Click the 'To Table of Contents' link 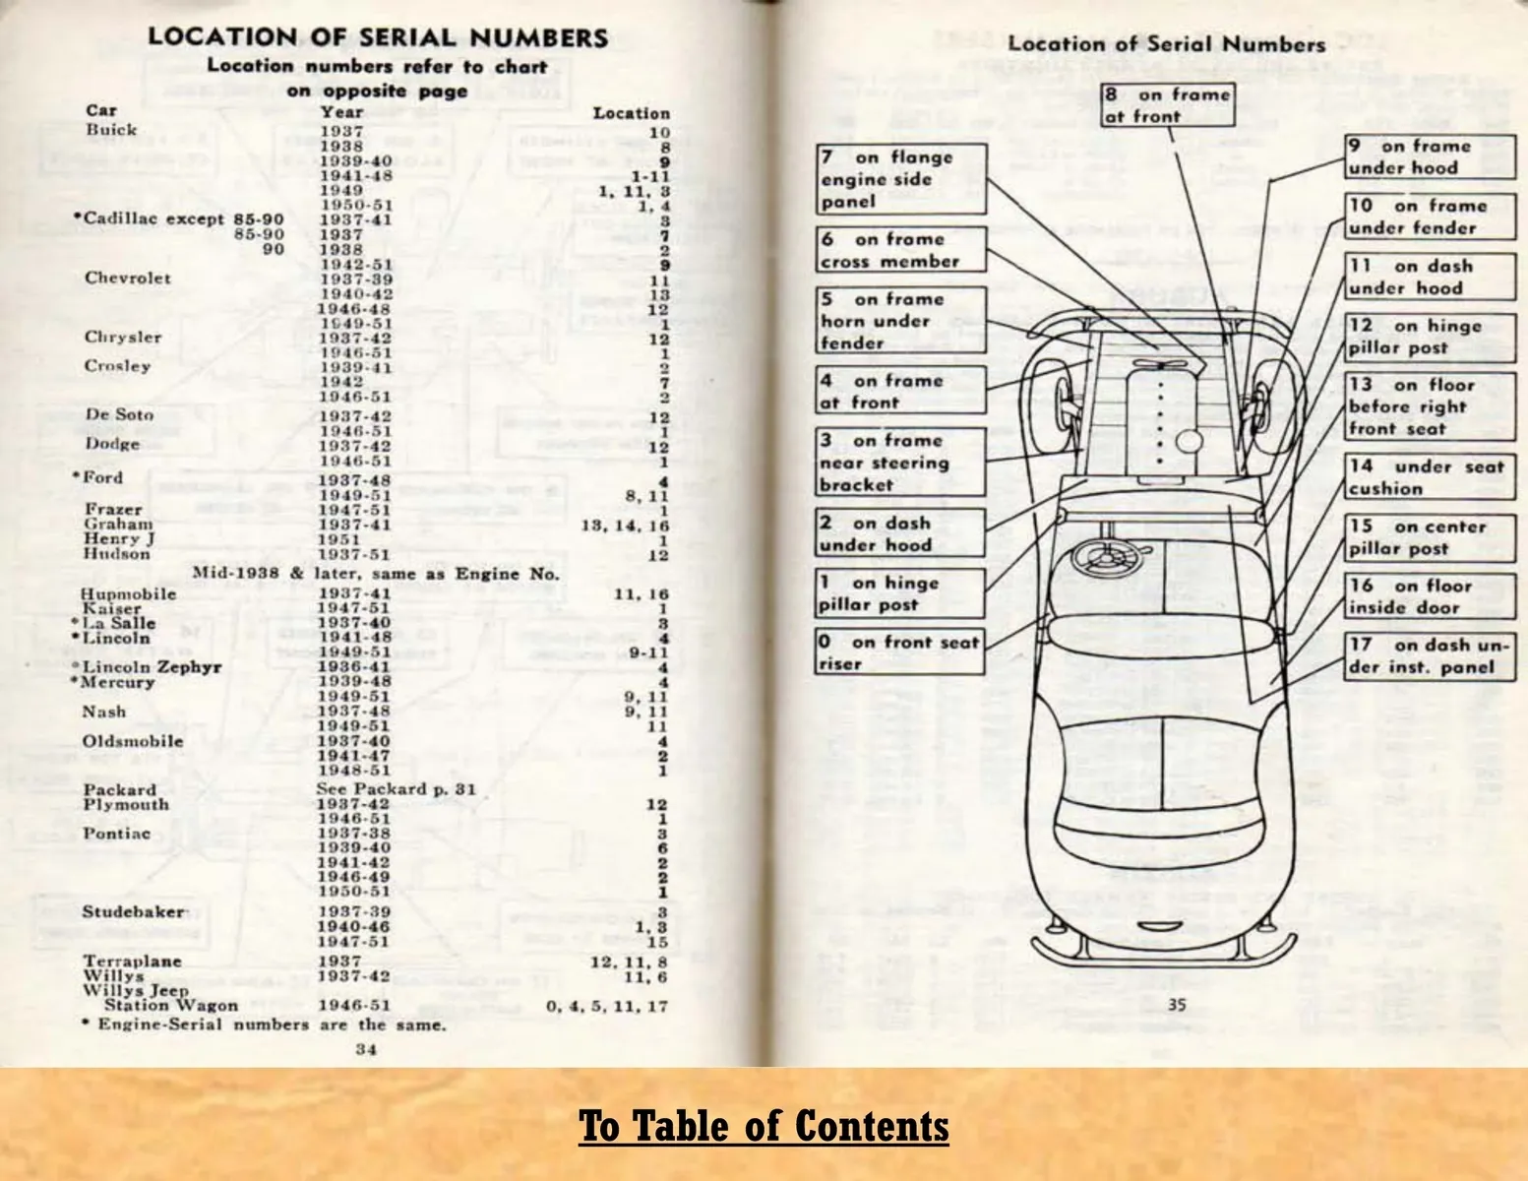tap(764, 1126)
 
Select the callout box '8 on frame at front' tap(1168, 105)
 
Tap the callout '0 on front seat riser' tap(900, 653)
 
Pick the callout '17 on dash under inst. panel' tap(1431, 656)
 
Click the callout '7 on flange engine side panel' tap(900, 179)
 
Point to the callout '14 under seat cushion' tap(1431, 477)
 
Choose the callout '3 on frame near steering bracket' tap(900, 463)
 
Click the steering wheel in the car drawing tap(1101, 557)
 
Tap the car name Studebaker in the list tap(133, 911)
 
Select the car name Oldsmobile tap(133, 741)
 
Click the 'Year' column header tap(341, 111)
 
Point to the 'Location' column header tap(631, 113)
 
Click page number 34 tap(366, 1049)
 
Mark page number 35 tap(1177, 1005)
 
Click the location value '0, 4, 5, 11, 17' tap(607, 1006)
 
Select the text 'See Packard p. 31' tap(396, 789)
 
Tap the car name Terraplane tap(133, 961)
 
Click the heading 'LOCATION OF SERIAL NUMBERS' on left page tap(378, 37)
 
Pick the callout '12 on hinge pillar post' tap(1431, 337)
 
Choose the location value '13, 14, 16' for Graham tap(625, 526)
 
